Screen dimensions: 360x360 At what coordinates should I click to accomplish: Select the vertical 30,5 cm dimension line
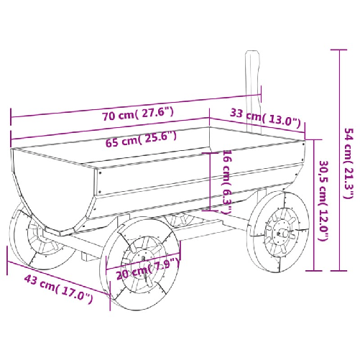point(313,205)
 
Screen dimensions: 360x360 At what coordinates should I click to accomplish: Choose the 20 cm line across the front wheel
point(144,261)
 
